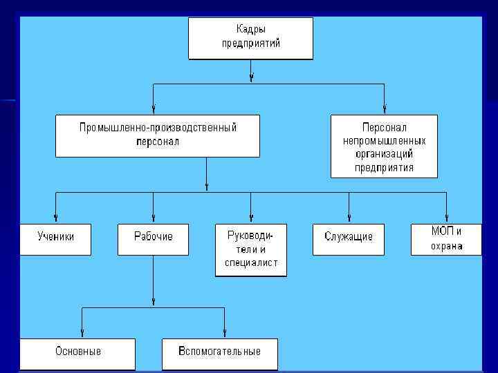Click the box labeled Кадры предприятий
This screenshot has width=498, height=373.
tap(250, 38)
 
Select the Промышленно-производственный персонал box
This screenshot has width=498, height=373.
tap(158, 135)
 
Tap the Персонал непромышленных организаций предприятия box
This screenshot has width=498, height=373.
tap(384, 146)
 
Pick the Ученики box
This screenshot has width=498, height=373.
tap(55, 239)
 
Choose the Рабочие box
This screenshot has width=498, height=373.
tap(153, 239)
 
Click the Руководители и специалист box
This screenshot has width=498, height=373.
tap(250, 250)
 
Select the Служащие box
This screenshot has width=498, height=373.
tap(349, 239)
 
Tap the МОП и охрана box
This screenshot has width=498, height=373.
tap(446, 239)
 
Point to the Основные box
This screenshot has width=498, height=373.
tap(78, 354)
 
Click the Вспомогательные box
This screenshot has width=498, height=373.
tap(219, 354)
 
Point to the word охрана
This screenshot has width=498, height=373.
tap(446, 247)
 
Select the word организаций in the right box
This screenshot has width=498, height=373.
tap(384, 153)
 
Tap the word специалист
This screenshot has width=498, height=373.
tap(251, 262)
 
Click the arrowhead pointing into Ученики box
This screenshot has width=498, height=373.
tap(55, 219)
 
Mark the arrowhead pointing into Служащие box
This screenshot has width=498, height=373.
tap(349, 219)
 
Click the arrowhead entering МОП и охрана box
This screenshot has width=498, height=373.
tap(446, 219)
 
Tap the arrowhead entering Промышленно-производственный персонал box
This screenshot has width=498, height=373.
tap(153, 110)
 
